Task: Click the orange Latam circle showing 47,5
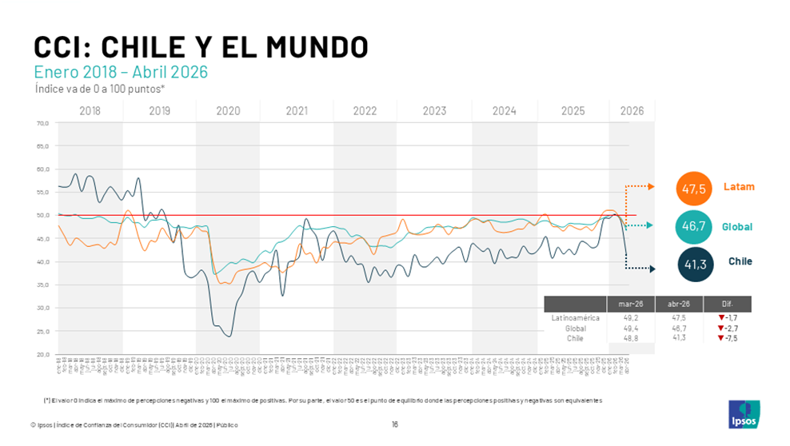pos(692,189)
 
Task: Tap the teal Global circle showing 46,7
pos(692,226)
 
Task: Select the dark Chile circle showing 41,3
pos(692,263)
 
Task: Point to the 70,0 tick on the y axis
pos(42,123)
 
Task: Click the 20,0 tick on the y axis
pos(42,354)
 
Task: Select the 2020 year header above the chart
pos(228,111)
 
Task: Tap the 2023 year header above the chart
pos(434,111)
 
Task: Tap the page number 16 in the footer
pos(395,424)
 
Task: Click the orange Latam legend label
pos(739,187)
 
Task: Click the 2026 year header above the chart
pos(632,111)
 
